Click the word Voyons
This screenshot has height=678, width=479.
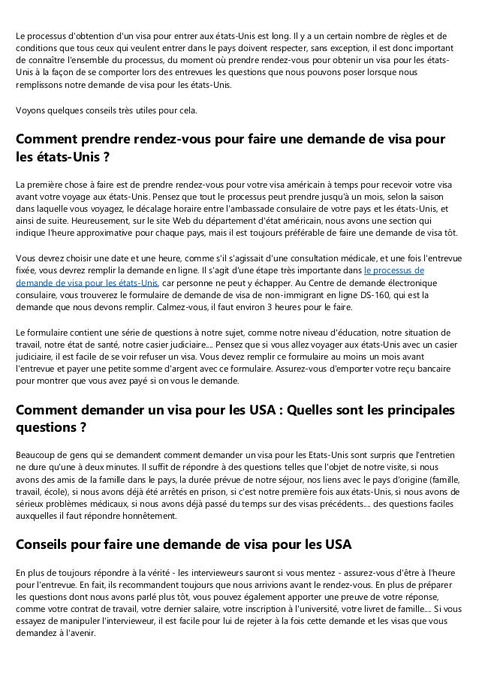31,110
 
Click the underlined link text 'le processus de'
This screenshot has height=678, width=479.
393,271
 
